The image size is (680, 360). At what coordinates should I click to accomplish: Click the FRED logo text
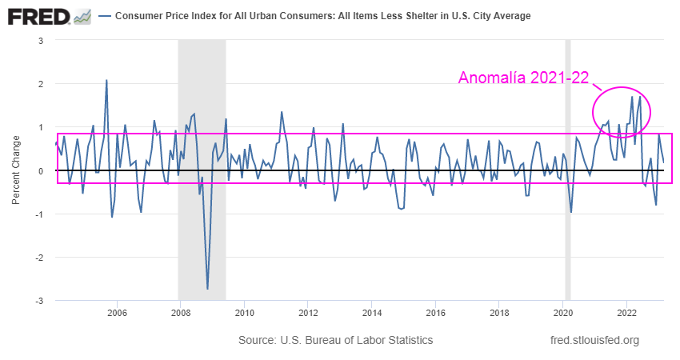pyautogui.click(x=38, y=16)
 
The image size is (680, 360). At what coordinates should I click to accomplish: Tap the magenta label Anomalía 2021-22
pyautogui.click(x=523, y=78)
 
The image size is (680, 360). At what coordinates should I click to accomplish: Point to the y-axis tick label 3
pyautogui.click(x=41, y=40)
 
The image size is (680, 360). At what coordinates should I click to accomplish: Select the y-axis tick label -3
pyautogui.click(x=39, y=301)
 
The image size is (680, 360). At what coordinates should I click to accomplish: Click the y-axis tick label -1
pyautogui.click(x=39, y=214)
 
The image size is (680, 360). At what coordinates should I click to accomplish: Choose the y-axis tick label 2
pyautogui.click(x=41, y=84)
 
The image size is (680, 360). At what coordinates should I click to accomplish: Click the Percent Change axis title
pyautogui.click(x=17, y=170)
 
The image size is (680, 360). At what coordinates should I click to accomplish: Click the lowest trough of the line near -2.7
pyautogui.click(x=207, y=288)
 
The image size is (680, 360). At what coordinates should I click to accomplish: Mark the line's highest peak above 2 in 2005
pyautogui.click(x=106, y=81)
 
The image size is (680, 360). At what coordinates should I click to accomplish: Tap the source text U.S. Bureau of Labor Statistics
pyautogui.click(x=336, y=341)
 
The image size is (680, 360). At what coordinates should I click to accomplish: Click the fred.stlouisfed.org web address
pyautogui.click(x=595, y=341)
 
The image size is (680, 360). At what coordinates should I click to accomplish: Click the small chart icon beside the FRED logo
pyautogui.click(x=82, y=16)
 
